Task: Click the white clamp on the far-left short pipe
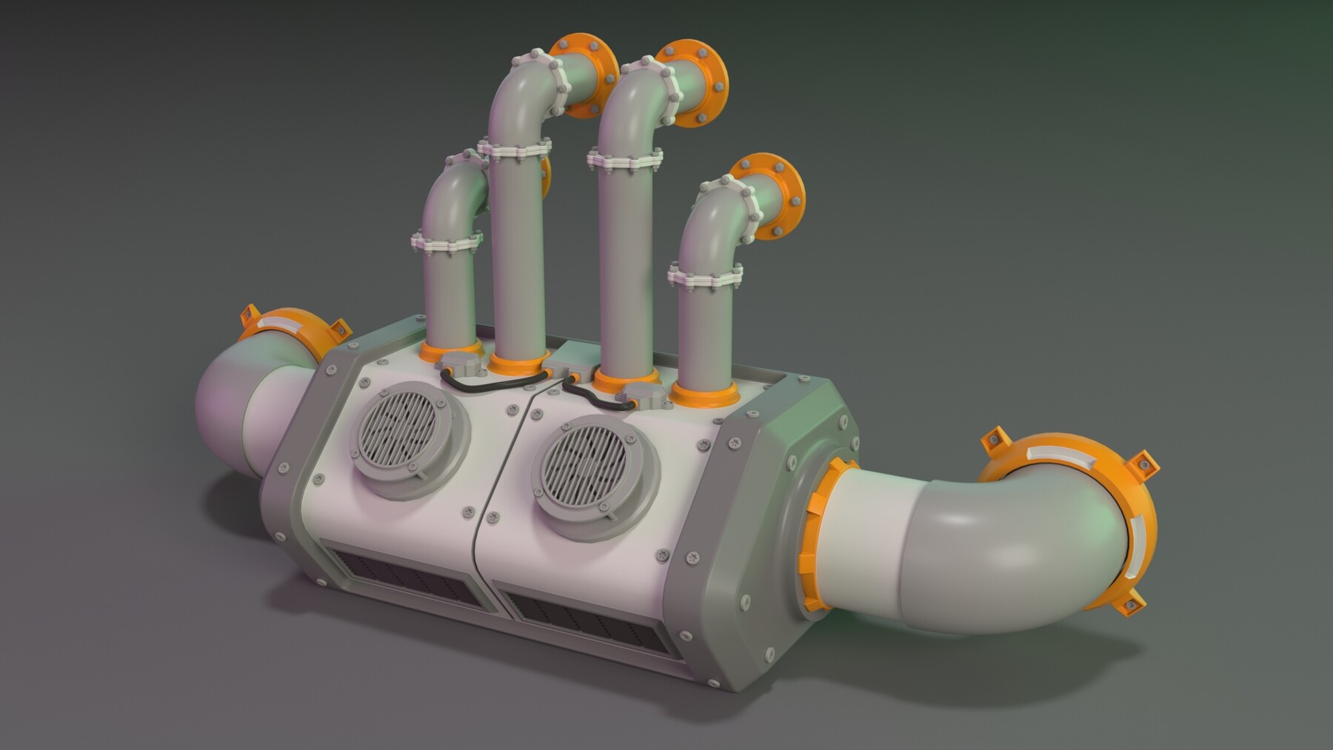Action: (x=447, y=242)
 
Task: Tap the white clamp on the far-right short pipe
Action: (x=704, y=278)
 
